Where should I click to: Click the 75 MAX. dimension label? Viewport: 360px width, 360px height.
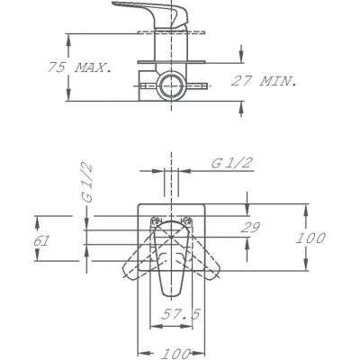pos(79,67)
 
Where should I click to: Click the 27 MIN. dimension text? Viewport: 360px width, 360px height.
pos(264,81)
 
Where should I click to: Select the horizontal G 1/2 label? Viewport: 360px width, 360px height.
pos(232,163)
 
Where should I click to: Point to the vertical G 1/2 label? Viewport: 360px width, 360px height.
pos(86,184)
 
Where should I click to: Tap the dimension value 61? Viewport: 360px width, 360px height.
pos(40,241)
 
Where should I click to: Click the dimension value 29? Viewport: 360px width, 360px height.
pos(250,228)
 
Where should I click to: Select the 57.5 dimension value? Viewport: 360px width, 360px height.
pos(180,314)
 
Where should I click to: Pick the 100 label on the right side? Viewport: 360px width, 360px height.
pos(310,238)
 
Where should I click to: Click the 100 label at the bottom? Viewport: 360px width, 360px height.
pos(175,354)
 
